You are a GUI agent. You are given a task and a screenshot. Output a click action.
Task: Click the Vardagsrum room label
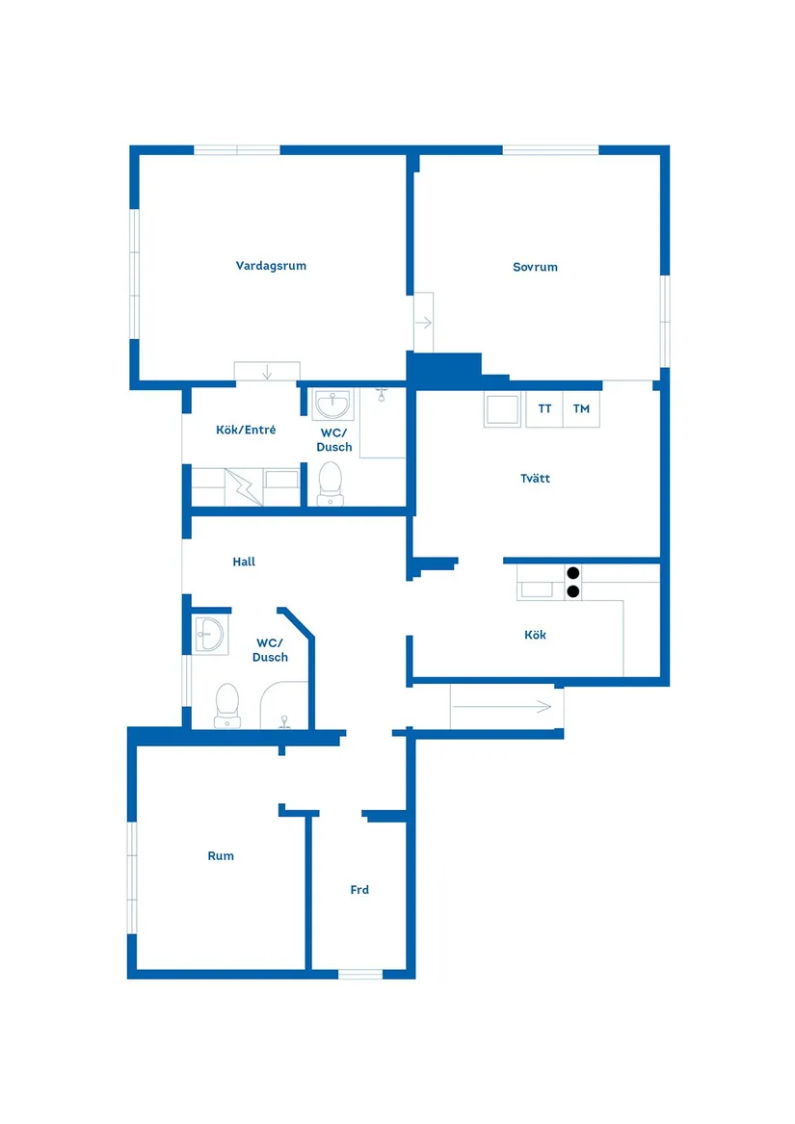[271, 266]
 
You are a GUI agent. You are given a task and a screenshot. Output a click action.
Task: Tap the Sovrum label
[535, 267]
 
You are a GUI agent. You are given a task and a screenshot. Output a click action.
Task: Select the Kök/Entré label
[246, 430]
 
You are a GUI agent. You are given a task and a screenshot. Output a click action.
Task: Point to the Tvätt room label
[535, 479]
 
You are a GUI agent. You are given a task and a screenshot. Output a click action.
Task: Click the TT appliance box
[544, 409]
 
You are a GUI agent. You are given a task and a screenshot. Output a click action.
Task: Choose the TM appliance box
[581, 409]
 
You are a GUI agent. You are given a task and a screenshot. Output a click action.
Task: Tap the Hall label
[244, 562]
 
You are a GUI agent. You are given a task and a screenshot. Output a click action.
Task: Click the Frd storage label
[359, 890]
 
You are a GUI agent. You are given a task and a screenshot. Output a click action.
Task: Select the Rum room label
[221, 855]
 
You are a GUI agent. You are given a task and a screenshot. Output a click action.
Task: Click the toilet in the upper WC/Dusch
[331, 481]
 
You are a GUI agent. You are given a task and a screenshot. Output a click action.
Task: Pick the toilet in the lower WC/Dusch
[227, 703]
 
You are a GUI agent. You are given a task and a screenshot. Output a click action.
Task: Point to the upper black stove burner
[572, 572]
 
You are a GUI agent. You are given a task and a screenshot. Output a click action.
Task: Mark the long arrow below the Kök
[501, 707]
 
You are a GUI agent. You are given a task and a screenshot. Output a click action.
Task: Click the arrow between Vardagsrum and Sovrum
[423, 323]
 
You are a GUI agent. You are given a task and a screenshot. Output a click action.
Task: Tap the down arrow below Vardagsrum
[267, 372]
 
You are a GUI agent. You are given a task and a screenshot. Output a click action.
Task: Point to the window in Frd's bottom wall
[360, 974]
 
